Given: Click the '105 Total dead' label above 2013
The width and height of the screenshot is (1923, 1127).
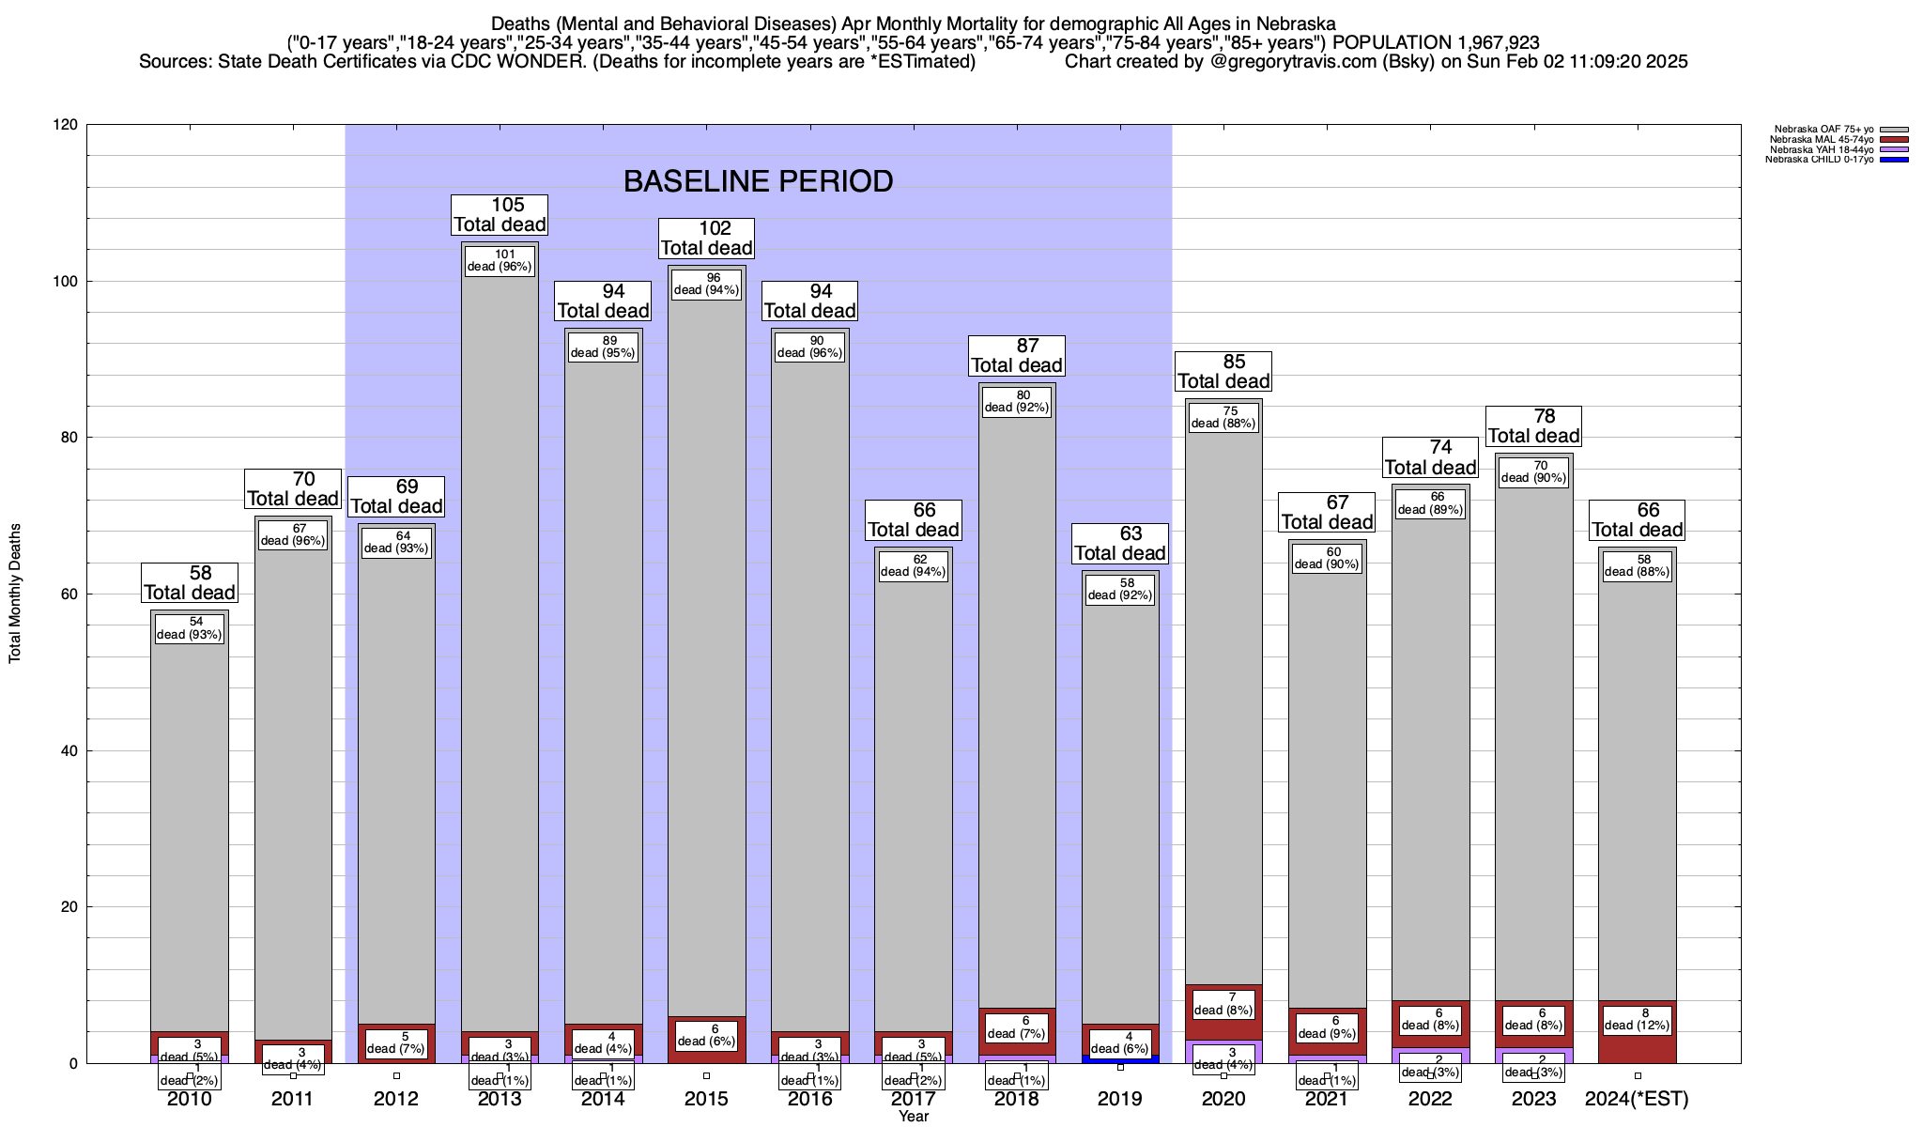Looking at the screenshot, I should coord(500,215).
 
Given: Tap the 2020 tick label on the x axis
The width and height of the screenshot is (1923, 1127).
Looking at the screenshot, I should coord(1223,1099).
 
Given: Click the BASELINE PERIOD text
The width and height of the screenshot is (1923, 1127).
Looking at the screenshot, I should coord(758,181).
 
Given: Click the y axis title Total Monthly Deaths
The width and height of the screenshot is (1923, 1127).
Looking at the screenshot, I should coord(15,594).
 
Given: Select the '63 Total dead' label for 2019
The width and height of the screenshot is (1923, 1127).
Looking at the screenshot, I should coord(1120,544).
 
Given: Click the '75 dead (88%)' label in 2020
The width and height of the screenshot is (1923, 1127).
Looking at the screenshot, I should coord(1223,417).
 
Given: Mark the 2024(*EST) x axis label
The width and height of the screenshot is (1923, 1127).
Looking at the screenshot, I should coord(1637,1099).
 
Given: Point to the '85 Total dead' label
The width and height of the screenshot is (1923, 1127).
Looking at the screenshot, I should coord(1223,372).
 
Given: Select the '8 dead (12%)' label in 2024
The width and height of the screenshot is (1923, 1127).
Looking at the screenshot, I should coord(1637,1019).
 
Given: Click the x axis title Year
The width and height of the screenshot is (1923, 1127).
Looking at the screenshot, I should coord(913,1116).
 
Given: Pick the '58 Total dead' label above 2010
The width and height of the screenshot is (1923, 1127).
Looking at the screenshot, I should coord(190,583).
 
